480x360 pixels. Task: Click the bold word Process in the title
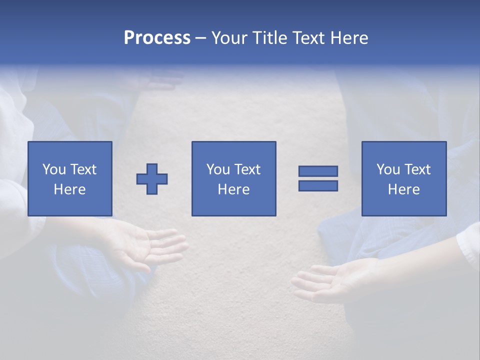157,38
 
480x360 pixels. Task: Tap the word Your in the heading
230,38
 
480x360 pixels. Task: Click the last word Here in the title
349,38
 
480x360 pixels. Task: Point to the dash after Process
200,38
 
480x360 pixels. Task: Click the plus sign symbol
152,179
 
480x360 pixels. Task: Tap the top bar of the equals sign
318,171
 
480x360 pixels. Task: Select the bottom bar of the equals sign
318,185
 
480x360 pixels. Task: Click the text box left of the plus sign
69,178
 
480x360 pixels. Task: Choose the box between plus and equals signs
233,178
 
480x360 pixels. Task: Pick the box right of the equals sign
403,178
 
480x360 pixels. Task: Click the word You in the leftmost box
53,169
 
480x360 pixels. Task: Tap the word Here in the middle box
233,189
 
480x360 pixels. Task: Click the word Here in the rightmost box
403,189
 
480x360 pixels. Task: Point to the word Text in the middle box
247,169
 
